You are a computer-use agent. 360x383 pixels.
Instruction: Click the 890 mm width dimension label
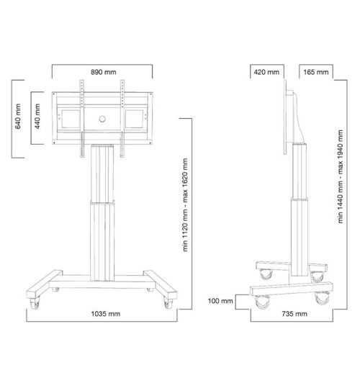102,72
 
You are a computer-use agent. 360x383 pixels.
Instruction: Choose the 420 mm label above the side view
266,73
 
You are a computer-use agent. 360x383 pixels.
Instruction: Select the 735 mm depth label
294,315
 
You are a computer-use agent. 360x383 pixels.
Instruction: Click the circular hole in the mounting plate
102,117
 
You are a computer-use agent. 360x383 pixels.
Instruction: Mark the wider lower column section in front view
102,238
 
